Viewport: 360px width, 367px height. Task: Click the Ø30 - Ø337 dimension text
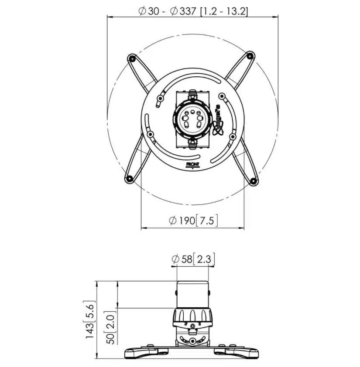(193, 12)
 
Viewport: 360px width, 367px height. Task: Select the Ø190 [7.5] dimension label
(193, 221)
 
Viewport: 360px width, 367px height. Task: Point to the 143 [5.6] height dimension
(90, 319)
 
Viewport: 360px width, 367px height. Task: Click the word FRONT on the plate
(192, 164)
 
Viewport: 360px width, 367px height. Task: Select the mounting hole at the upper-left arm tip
(130, 58)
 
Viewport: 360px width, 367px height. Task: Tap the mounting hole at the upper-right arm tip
(249, 56)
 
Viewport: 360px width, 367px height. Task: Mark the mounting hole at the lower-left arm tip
(129, 178)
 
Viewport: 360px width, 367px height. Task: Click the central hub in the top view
(192, 119)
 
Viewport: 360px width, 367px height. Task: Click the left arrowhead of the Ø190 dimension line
(143, 228)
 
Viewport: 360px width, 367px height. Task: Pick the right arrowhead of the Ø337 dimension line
(276, 17)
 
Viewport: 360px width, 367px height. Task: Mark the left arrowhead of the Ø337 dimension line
(110, 17)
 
